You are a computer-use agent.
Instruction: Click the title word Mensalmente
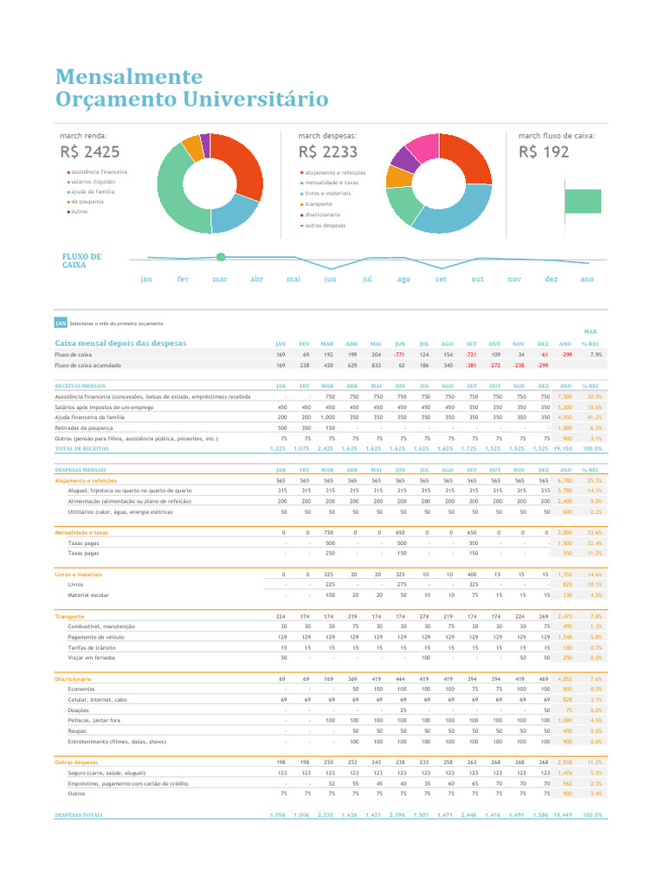click(128, 77)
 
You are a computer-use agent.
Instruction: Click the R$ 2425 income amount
click(90, 152)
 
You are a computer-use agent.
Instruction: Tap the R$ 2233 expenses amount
click(327, 152)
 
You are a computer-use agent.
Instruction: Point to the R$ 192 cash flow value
click(544, 152)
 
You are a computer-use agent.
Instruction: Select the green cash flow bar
click(582, 201)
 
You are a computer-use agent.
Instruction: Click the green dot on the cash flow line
click(221, 257)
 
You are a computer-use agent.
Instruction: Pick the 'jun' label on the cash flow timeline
click(330, 279)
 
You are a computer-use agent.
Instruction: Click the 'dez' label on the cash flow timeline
click(551, 279)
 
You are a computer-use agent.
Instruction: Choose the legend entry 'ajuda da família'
click(93, 191)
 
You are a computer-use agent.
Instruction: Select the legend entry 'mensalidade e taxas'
click(332, 183)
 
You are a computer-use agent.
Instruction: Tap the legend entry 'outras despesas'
click(325, 225)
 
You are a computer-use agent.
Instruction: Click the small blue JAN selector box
click(61, 323)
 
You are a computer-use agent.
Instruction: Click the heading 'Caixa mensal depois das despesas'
click(120, 343)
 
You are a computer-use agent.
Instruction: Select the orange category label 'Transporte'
click(69, 616)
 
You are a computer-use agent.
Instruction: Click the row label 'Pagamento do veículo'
click(95, 636)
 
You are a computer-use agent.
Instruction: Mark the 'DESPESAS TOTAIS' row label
click(78, 815)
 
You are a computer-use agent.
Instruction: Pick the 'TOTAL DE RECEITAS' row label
click(81, 449)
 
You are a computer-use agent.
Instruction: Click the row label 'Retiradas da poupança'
click(87, 427)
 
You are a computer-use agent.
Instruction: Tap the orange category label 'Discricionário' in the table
click(73, 679)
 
